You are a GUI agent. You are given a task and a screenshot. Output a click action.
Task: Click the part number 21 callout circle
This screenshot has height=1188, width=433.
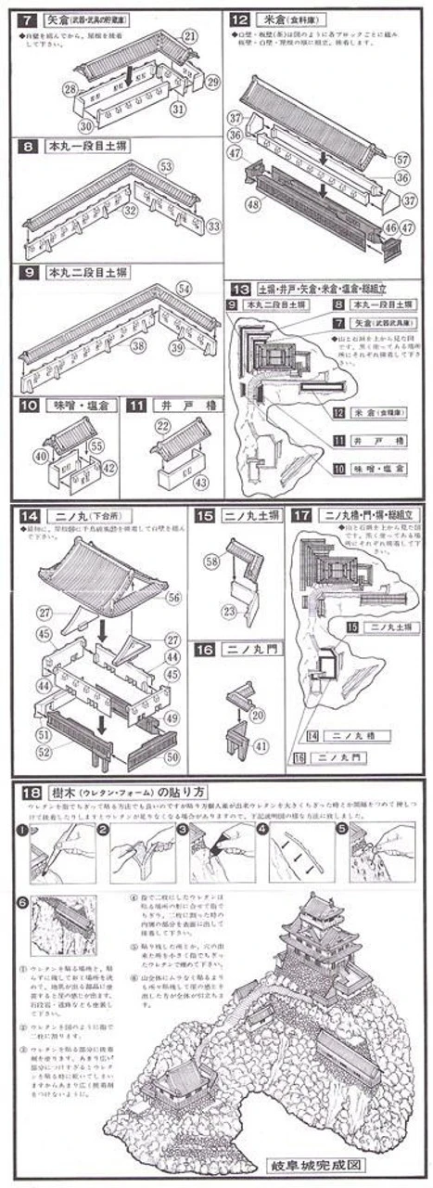(x=190, y=36)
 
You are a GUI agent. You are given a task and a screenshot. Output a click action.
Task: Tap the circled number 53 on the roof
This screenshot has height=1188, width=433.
(x=166, y=166)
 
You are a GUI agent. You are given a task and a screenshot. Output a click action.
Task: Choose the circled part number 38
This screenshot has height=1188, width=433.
(x=138, y=345)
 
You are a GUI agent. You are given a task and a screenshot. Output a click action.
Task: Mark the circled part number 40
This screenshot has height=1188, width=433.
(x=40, y=456)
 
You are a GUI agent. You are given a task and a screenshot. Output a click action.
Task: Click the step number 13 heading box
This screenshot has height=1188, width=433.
(x=241, y=289)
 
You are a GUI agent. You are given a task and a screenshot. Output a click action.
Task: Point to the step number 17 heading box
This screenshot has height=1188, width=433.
(x=301, y=514)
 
